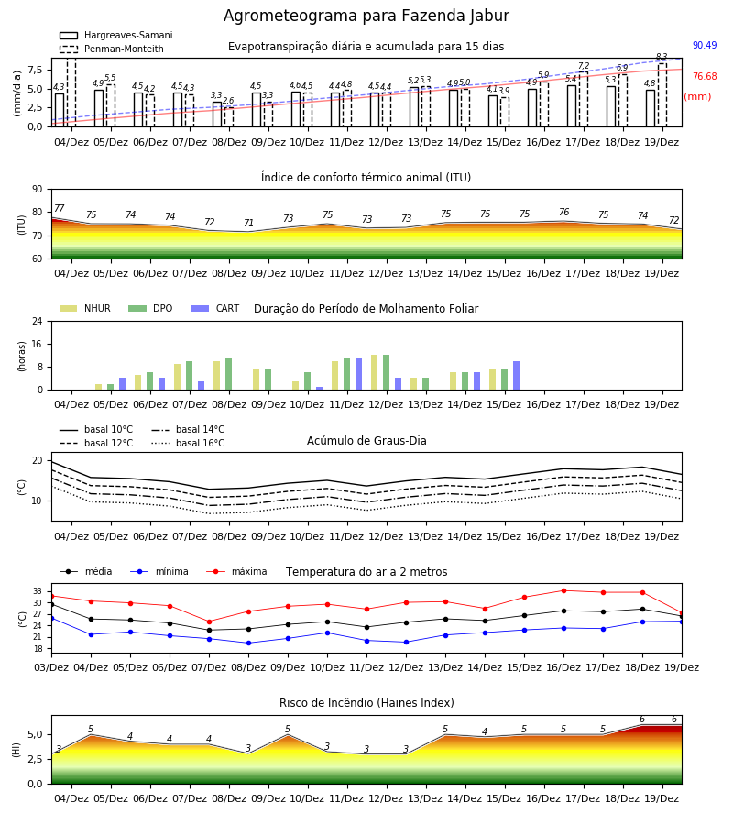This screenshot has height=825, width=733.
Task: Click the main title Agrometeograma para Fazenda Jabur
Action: (366, 16)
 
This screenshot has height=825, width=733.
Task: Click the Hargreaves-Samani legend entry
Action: (115, 35)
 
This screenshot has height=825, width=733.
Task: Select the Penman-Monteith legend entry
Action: (112, 49)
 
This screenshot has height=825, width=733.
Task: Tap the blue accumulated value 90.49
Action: (705, 45)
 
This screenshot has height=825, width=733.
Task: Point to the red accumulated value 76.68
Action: (705, 76)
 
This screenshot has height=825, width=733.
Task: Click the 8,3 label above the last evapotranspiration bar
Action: (662, 57)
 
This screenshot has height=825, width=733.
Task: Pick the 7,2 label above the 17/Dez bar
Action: (584, 66)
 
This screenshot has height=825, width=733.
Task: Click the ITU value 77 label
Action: (60, 208)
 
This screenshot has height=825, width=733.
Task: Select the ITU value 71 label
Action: (248, 223)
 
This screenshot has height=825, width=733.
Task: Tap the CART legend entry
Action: (214, 308)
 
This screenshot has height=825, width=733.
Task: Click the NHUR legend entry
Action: (85, 308)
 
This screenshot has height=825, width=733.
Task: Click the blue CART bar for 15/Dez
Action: (517, 376)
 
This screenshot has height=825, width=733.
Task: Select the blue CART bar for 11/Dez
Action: (358, 374)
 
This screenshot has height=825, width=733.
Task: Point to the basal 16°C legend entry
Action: (188, 443)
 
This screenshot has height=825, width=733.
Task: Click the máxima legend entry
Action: (236, 571)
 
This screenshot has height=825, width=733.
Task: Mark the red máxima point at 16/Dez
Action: (564, 591)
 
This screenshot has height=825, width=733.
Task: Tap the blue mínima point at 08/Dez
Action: (248, 643)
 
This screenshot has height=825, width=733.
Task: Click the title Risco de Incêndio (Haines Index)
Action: (366, 703)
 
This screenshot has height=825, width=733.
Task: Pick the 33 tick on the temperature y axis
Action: (38, 591)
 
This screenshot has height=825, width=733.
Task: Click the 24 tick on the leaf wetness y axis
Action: (38, 321)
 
